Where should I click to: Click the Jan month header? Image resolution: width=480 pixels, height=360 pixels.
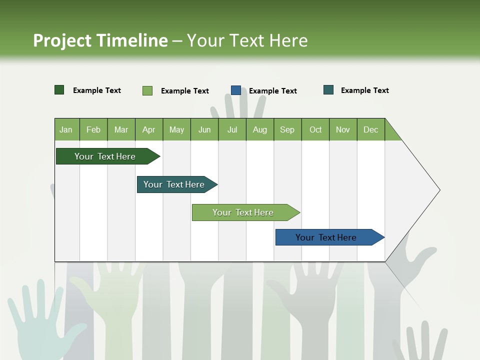(66, 129)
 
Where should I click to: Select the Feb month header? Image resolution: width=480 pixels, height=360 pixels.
(93, 129)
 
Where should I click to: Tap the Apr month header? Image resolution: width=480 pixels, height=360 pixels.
(148, 129)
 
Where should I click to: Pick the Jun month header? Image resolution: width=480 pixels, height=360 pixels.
(204, 129)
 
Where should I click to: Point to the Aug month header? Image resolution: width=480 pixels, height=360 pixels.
(259, 129)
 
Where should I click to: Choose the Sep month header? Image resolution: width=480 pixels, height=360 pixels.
(287, 129)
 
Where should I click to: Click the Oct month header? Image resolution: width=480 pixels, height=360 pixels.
(315, 129)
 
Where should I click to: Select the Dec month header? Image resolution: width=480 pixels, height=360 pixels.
(370, 129)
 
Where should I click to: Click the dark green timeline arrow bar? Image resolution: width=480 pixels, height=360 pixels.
(105, 156)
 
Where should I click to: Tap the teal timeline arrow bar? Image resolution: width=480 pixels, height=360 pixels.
(174, 184)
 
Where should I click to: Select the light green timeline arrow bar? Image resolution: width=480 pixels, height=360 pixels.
(243, 212)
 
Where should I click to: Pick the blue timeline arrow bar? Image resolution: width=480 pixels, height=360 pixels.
(326, 237)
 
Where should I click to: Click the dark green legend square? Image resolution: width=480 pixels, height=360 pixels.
(59, 90)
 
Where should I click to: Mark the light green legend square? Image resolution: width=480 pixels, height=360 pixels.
(147, 90)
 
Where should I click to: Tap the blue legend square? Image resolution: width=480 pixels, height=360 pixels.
(236, 90)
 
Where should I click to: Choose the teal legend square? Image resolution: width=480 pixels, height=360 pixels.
(328, 90)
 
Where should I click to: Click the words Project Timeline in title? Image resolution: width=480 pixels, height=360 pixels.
(100, 40)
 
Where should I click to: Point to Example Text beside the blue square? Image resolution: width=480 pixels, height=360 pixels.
(272, 90)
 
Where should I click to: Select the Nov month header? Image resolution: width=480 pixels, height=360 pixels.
(343, 129)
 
